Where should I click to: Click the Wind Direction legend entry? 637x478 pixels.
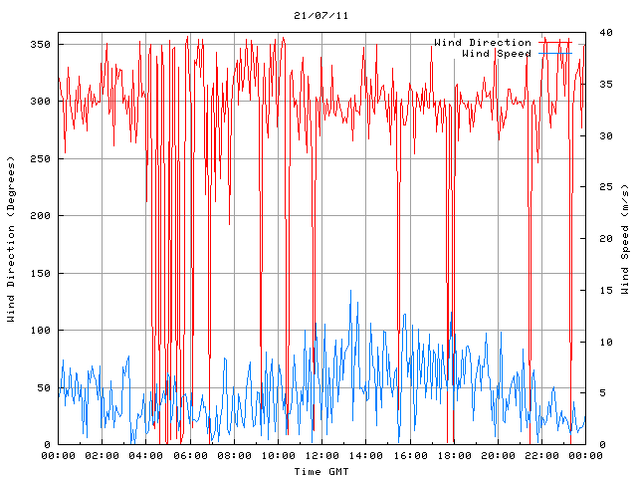[483, 43]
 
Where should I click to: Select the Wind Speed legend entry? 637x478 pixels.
[497, 53]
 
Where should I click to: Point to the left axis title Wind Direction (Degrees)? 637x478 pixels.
[11, 239]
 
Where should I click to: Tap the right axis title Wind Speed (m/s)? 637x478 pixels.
[625, 239]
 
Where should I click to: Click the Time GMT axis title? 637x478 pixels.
[320, 471]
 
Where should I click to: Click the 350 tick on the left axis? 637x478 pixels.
[40, 45]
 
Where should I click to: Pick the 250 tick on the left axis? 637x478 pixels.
[40, 159]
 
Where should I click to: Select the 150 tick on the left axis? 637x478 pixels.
[40, 274]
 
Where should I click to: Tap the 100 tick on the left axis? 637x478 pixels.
[40, 331]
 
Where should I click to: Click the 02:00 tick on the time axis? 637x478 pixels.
[103, 455]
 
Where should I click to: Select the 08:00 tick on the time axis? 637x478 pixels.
[234, 455]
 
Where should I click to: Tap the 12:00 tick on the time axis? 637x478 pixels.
[321, 455]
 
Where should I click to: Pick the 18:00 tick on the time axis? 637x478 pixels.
[453, 455]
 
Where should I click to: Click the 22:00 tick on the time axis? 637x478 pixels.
[540, 455]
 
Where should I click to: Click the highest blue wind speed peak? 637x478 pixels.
[350, 291]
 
